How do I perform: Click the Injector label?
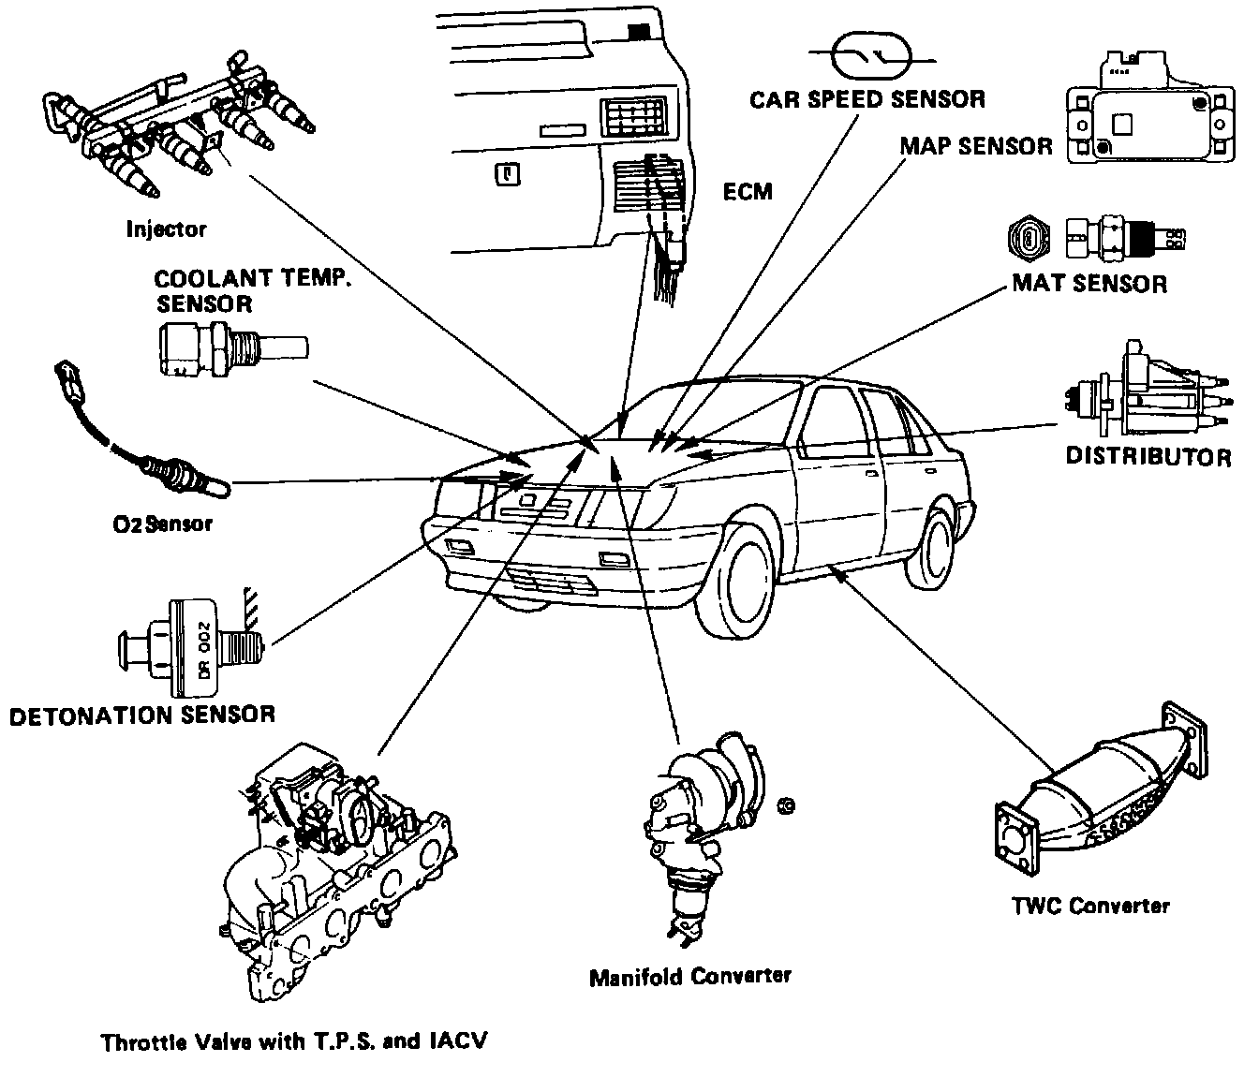point(166,229)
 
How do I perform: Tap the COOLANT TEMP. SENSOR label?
point(253,290)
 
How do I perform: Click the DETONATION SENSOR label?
point(142,716)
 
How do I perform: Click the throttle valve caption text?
point(294,1041)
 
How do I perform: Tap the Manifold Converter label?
point(690,976)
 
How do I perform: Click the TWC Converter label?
point(1091,906)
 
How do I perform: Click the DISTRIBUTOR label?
point(1148,457)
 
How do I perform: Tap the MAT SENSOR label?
point(1089,283)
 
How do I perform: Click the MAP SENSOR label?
point(976,147)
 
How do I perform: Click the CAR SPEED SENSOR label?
point(867,98)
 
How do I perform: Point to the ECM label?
point(748,192)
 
